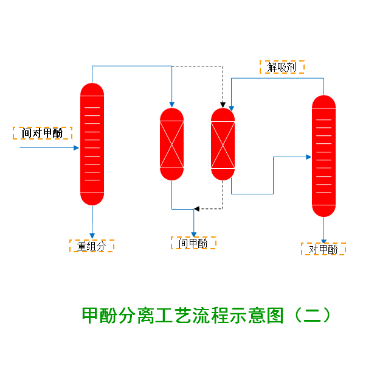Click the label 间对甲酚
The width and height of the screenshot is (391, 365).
(x=42, y=133)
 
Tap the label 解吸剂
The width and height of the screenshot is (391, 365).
(x=282, y=67)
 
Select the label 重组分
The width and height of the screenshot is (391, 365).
(x=91, y=246)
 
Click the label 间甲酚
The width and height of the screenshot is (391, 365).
(x=193, y=243)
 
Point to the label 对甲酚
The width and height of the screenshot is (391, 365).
(x=323, y=249)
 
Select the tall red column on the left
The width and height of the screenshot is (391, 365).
(x=92, y=144)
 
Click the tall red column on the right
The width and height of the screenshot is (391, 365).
(x=324, y=156)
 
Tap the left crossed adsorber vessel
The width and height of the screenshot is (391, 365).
(x=171, y=144)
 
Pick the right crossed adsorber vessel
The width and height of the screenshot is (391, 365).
(x=223, y=144)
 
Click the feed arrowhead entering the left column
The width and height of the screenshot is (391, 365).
(x=77, y=147)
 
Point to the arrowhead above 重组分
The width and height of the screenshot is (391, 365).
(x=92, y=236)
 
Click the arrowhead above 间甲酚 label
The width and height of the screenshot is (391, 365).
(x=193, y=233)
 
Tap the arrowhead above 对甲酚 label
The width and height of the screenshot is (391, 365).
(x=324, y=238)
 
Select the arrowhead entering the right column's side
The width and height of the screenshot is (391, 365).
(x=308, y=157)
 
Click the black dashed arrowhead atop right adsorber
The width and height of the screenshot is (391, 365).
(x=223, y=104)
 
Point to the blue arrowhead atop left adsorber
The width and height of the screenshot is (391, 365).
(x=171, y=104)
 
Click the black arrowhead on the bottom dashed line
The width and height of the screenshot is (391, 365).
(x=196, y=209)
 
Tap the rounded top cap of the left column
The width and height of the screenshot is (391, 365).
(x=92, y=89)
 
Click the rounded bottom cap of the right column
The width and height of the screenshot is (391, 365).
(x=324, y=211)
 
